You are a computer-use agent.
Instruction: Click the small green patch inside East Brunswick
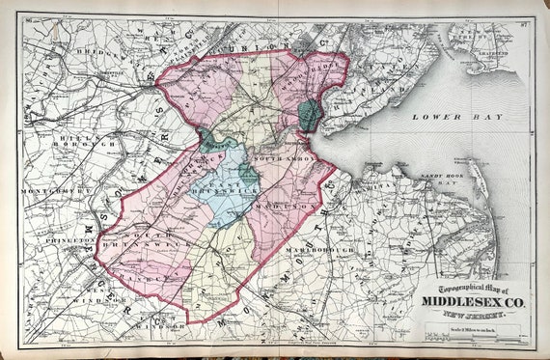point(248,174)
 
